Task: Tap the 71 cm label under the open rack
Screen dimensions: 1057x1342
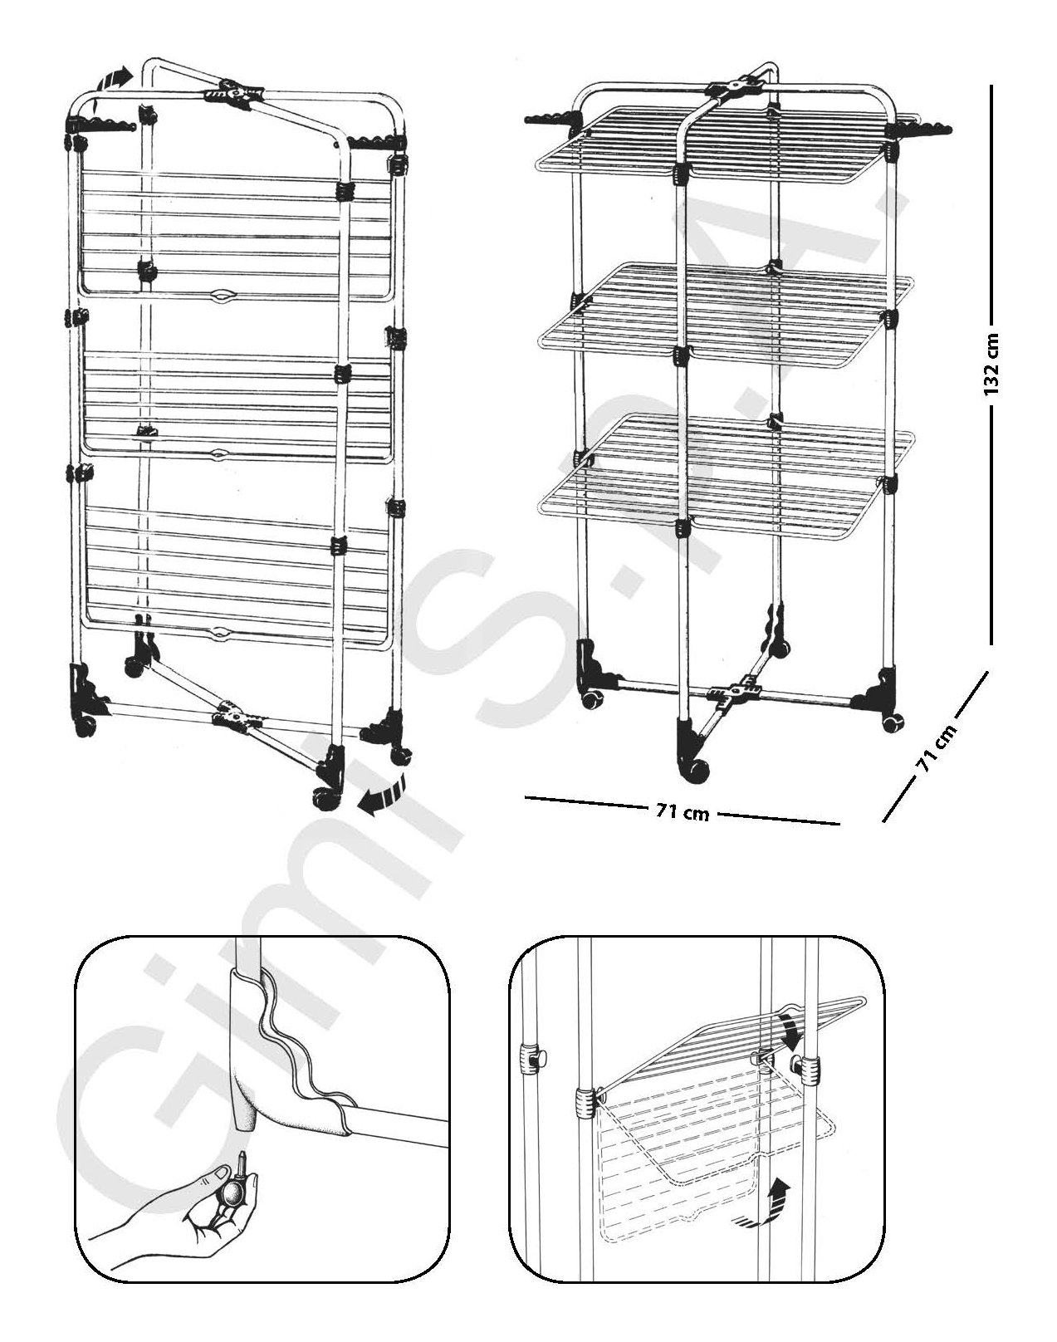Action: [683, 812]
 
